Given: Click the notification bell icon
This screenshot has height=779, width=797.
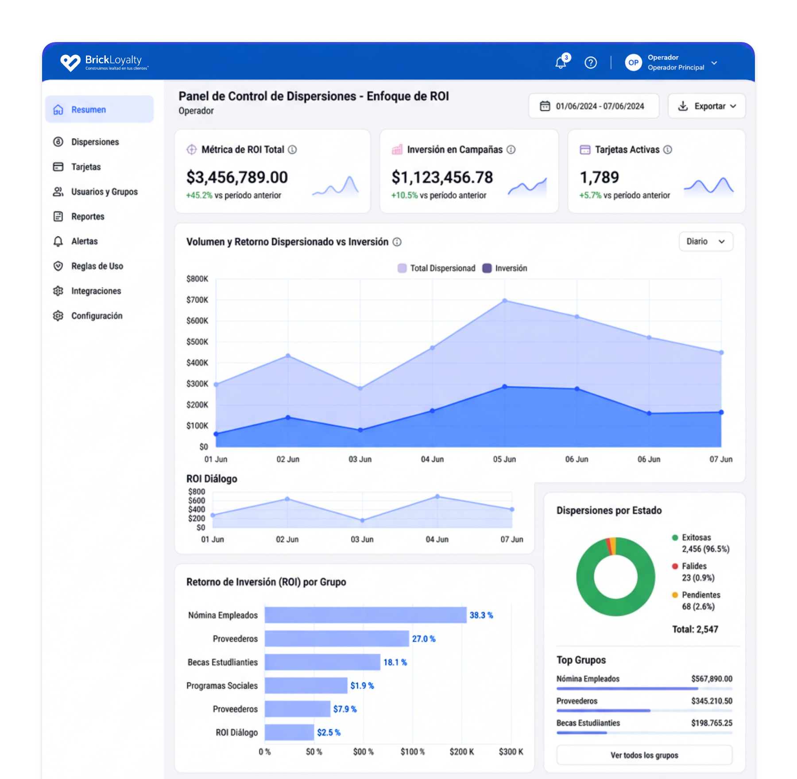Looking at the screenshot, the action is [561, 62].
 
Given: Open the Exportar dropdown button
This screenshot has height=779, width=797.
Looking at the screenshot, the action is [707, 106].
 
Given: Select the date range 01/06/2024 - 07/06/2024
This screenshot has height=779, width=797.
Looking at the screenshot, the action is [594, 106].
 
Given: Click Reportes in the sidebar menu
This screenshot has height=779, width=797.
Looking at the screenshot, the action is [88, 217].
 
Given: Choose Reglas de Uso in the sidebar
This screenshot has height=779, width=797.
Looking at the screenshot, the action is [97, 266].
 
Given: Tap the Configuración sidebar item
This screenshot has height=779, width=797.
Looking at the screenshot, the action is [97, 316].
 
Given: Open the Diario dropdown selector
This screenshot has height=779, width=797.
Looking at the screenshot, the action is [706, 241].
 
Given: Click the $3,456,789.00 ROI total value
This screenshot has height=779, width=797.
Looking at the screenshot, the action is [237, 177].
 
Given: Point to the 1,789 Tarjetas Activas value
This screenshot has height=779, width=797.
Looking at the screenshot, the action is [600, 177].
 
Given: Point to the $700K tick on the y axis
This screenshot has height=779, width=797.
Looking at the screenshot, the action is [197, 300].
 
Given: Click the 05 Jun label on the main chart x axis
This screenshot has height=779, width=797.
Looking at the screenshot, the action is [504, 459].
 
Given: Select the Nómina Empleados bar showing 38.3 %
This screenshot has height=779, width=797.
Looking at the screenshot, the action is [366, 615].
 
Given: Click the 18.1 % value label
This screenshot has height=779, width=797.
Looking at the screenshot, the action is [395, 662].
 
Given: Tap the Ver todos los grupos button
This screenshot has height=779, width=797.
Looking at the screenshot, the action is [644, 755].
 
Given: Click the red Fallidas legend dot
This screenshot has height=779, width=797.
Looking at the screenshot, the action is [675, 566].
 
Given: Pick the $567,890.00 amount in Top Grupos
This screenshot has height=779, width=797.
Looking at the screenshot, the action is [712, 678].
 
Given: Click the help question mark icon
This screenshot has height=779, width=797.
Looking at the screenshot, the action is [591, 62].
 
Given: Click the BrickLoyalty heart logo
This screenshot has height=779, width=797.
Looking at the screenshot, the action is [70, 62].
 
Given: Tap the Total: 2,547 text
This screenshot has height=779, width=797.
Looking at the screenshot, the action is [695, 629].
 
